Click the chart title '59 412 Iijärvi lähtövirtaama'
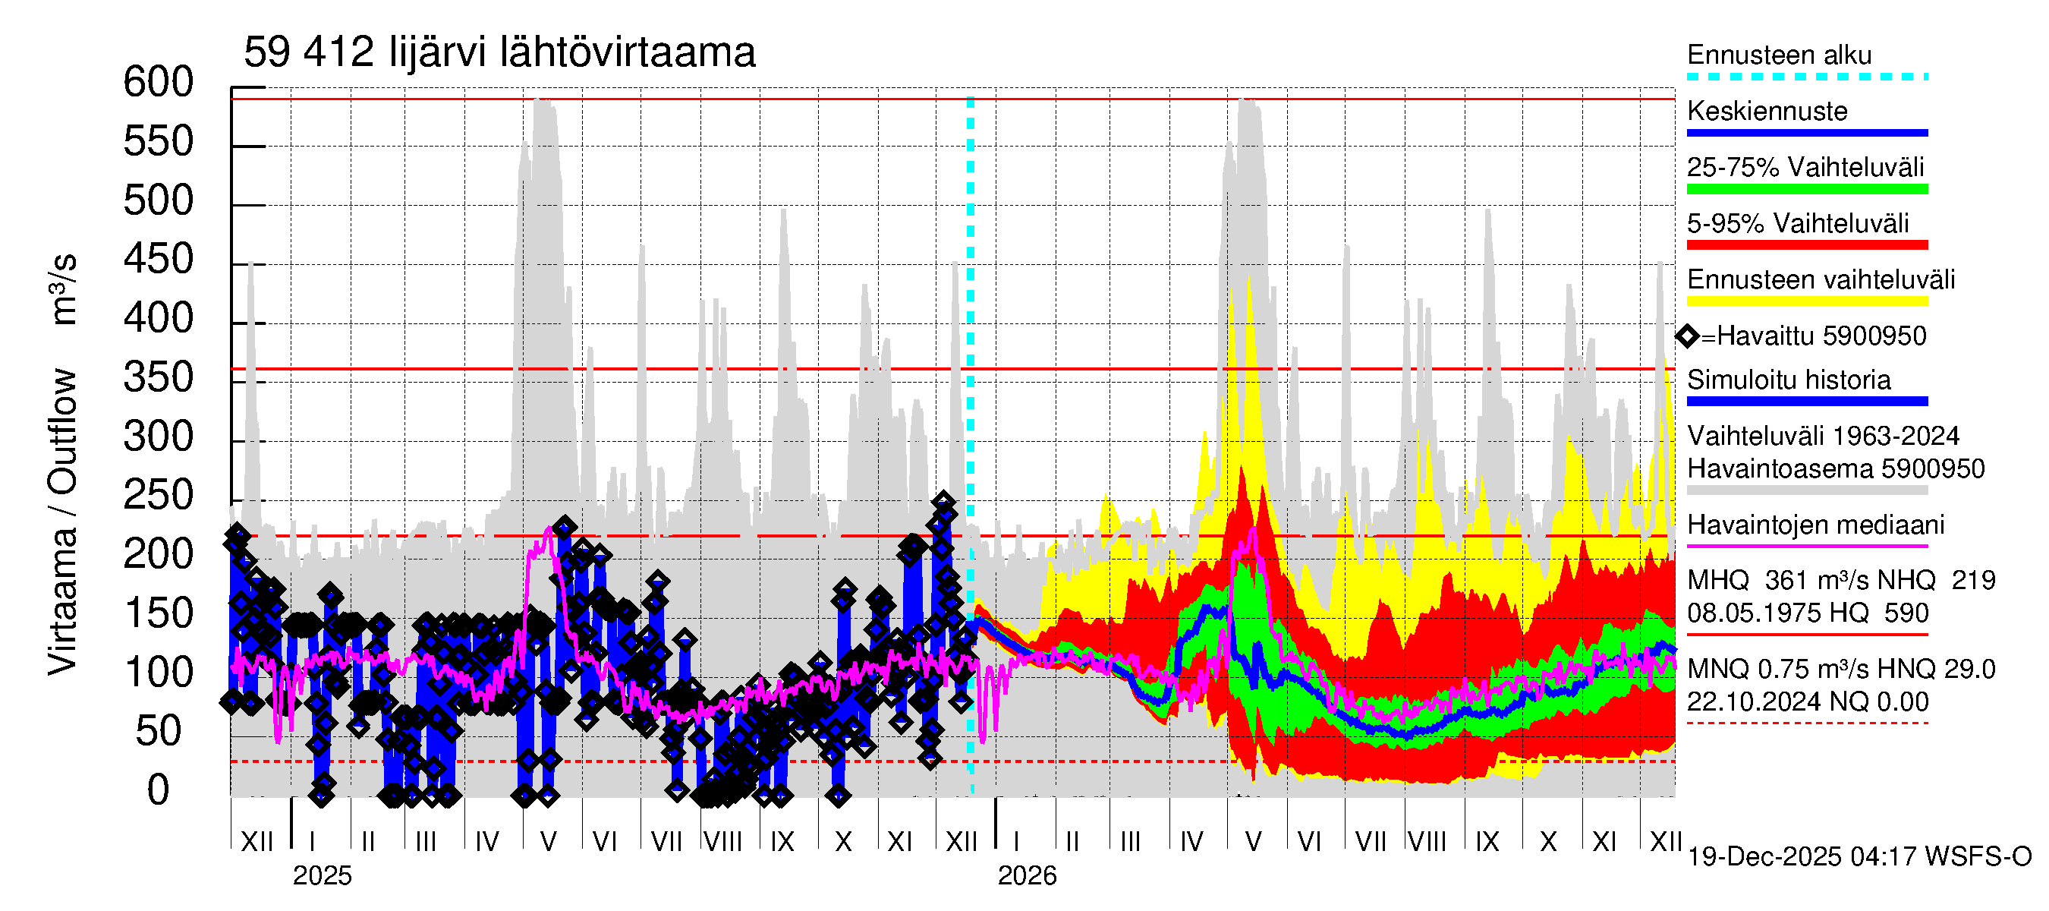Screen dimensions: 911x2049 (499, 53)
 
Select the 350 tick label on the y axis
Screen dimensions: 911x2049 (159, 378)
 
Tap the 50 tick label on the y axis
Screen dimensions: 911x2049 (159, 732)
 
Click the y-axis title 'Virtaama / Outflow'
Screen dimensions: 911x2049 (63, 521)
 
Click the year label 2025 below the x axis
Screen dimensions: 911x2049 (321, 876)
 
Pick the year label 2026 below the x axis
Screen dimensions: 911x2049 (1027, 876)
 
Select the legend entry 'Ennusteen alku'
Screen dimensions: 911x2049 (1779, 55)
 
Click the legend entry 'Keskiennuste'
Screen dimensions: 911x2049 (1767, 112)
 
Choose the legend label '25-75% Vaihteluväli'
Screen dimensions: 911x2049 (1805, 168)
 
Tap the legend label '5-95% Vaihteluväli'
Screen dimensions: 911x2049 (1797, 223)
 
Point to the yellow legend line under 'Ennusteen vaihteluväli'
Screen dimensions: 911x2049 (1806, 301)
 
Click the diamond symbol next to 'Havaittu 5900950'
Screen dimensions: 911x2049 (1687, 336)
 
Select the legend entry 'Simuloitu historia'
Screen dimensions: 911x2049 (1788, 380)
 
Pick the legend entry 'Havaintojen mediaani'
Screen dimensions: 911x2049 (1815, 525)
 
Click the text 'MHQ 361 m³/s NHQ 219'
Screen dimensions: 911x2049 (1840, 581)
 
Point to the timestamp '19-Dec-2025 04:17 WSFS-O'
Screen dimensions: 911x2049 (1859, 857)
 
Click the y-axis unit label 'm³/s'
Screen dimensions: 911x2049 (63, 288)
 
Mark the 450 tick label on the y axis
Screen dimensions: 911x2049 (159, 260)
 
